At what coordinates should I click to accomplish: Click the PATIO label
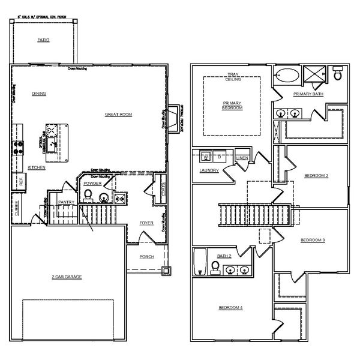(x=43, y=40)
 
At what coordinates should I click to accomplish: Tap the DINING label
(x=39, y=94)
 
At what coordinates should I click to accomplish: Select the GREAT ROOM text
(x=118, y=115)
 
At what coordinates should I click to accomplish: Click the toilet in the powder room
(x=88, y=194)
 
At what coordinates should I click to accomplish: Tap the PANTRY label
(x=66, y=202)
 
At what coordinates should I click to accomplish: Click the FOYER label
(x=146, y=223)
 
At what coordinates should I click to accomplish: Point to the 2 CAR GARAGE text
(x=67, y=277)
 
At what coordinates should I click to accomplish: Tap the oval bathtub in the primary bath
(x=286, y=76)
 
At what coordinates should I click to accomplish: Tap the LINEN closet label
(x=242, y=158)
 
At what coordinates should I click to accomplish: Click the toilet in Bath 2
(x=216, y=266)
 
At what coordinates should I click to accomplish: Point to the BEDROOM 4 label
(x=230, y=308)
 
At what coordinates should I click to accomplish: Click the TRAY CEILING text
(x=233, y=78)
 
